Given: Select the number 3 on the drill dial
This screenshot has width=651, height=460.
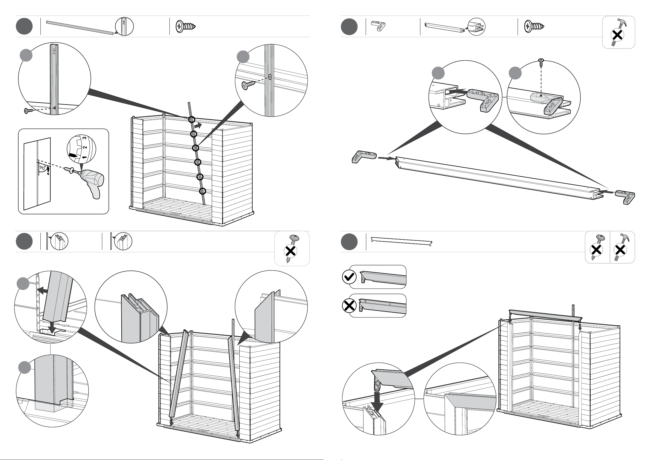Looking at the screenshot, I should coord(84,138).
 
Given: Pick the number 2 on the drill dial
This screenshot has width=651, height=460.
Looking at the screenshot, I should coord(84,148).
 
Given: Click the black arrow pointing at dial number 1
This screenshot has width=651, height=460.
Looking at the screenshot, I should coord(73,156).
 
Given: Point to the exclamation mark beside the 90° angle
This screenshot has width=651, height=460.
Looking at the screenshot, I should coord(48,171).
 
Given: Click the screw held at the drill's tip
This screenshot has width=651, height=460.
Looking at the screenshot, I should coord(69,169).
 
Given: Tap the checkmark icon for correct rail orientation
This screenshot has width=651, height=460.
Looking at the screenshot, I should coord(349,277).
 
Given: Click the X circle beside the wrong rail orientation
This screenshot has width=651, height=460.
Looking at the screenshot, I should coord(349,306).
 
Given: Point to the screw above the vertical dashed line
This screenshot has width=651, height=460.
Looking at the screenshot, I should coord(541,62).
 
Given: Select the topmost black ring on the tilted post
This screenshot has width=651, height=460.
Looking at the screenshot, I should coord(192,120).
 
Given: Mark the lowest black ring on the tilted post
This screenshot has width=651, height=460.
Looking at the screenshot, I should coord(202,191).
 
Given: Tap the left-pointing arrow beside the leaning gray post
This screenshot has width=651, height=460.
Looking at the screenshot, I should coord(43,291).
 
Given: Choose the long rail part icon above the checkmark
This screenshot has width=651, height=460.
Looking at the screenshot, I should coord(401,242).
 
